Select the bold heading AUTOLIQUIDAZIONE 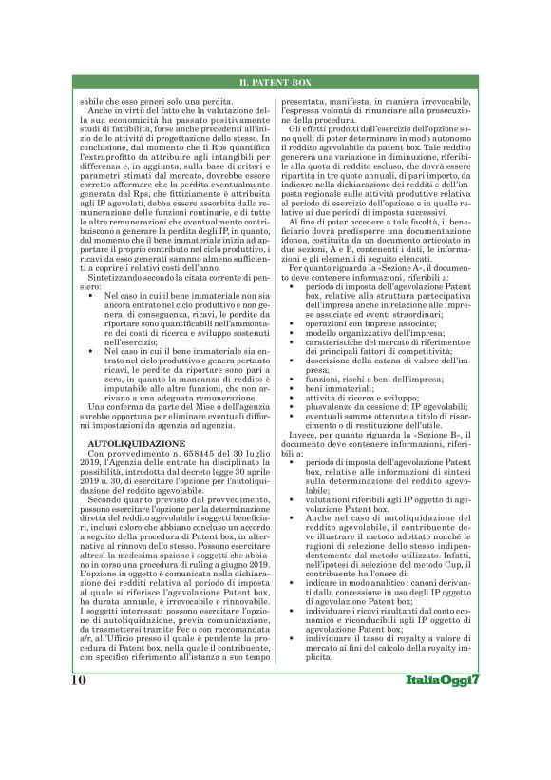pos(123,443)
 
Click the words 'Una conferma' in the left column pos(93,406)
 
